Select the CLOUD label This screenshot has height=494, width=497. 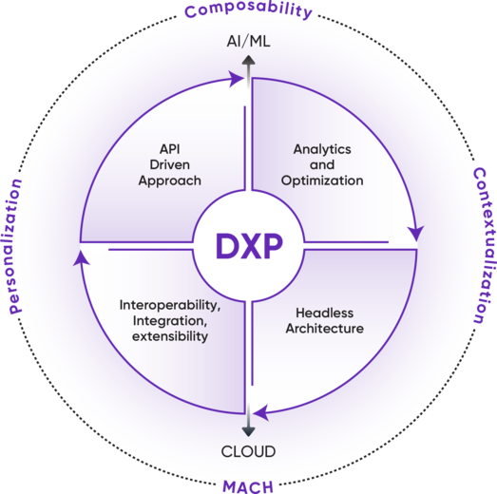click(249, 450)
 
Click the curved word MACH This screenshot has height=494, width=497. click(248, 486)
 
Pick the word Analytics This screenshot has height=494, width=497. click(322, 149)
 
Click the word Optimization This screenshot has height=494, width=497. click(323, 180)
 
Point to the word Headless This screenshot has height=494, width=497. click(323, 313)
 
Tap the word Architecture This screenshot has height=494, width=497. click(323, 328)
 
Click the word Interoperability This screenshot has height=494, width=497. click(170, 305)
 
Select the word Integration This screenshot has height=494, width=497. click(170, 320)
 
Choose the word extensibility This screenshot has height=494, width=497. click(170, 335)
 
